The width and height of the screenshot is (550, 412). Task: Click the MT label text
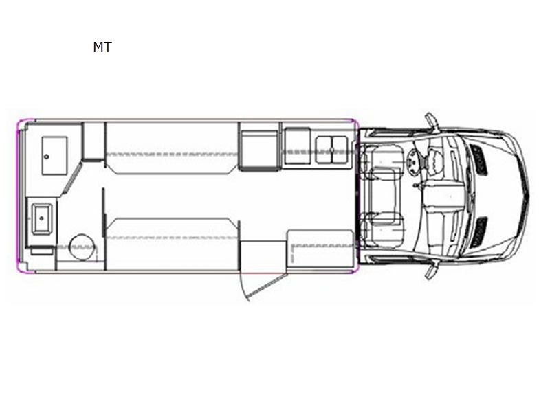102,47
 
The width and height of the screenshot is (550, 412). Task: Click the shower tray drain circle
47,157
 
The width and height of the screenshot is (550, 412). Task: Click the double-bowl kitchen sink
331,150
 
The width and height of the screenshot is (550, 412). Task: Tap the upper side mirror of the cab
432,122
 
